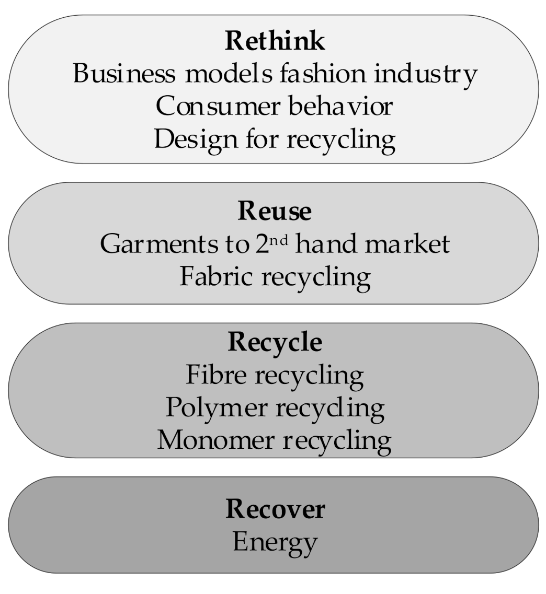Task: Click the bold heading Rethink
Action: [275, 41]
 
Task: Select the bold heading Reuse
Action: [275, 211]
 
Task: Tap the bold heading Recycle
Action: [275, 342]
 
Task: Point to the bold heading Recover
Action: [275, 509]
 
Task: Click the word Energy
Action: [275, 542]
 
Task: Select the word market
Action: [413, 244]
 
